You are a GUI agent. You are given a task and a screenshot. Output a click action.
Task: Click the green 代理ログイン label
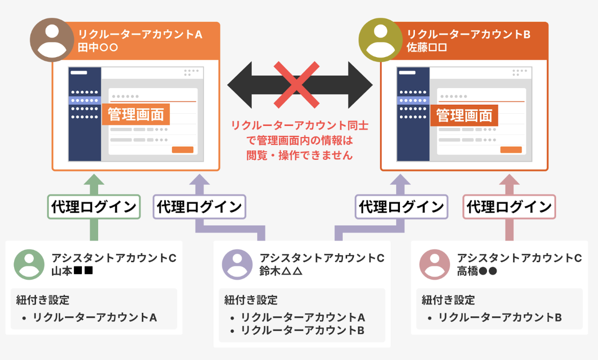point(94,207)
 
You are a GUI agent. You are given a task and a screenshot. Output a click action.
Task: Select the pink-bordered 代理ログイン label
point(509,207)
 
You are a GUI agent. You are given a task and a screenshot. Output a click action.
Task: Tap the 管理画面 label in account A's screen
point(136,115)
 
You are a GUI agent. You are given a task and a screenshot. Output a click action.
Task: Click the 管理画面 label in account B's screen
point(464,116)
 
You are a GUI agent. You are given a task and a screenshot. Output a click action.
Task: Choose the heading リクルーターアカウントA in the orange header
point(140,35)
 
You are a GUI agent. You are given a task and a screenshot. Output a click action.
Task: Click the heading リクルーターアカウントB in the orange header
point(469,35)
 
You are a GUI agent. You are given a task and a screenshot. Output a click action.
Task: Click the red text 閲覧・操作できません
point(299,155)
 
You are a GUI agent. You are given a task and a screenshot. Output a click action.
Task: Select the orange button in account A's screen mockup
point(182,150)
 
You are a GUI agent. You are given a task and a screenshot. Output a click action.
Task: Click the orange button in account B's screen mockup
point(511,150)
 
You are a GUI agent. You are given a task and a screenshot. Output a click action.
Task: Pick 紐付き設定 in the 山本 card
point(42,300)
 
